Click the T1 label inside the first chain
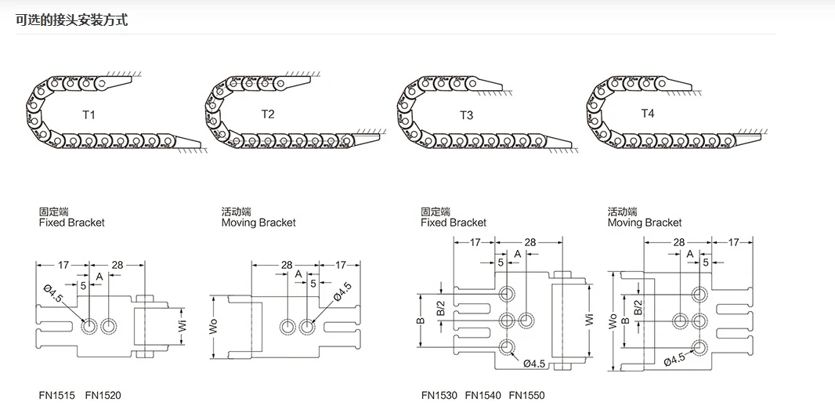coord(89,115)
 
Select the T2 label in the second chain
coord(268,114)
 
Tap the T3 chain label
coord(466,115)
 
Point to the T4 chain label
coord(648,114)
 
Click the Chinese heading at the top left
coord(71,20)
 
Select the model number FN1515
coord(56,396)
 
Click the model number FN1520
coord(103,396)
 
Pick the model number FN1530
coord(439,396)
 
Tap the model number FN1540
coord(483,396)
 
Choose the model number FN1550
coord(526,396)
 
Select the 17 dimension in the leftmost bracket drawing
coord(62,265)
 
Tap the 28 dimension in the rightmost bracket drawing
coord(678,242)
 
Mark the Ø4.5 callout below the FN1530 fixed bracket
coord(533,363)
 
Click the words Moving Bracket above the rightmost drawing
coord(645,223)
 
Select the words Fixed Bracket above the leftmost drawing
coord(71,223)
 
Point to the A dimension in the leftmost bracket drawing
coord(99,277)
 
